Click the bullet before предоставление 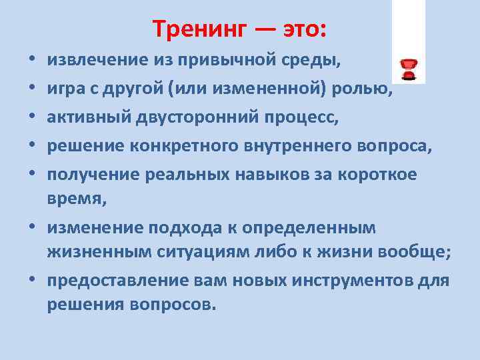point(33,280)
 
